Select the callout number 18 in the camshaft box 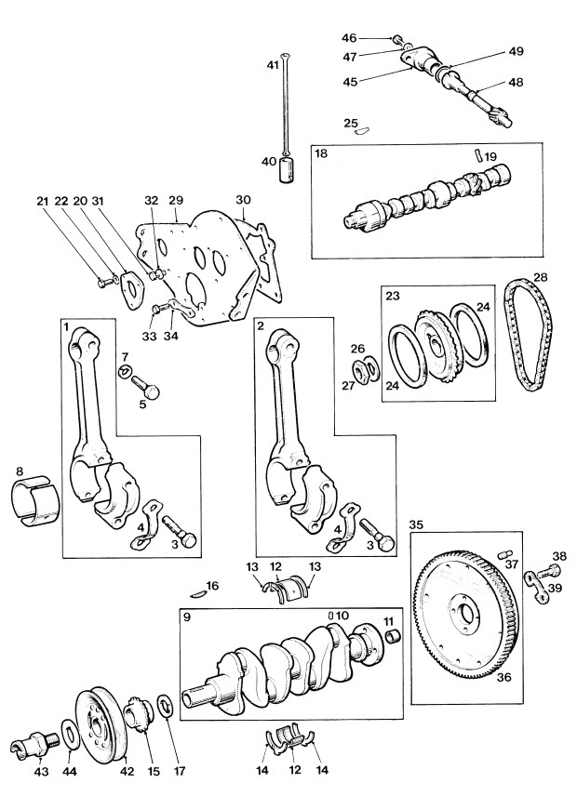[x=321, y=153]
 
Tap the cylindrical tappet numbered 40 [x=288, y=169]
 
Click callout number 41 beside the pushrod [x=273, y=65]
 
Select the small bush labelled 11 [x=395, y=635]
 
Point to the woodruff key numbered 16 [x=197, y=592]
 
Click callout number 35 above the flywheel [x=416, y=524]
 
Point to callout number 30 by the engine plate [x=243, y=200]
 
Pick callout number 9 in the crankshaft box [x=187, y=617]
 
